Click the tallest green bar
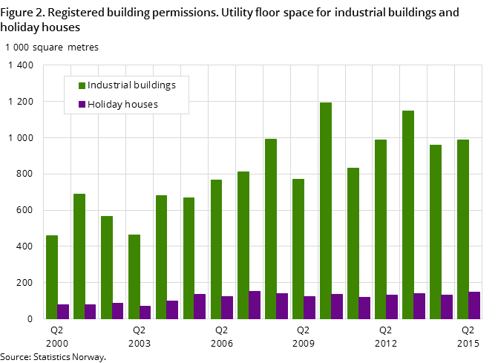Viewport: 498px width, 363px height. (x=326, y=211)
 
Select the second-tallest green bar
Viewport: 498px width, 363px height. (x=408, y=215)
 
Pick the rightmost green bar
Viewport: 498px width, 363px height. (x=463, y=229)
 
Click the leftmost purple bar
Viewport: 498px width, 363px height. (x=63, y=312)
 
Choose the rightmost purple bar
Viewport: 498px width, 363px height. (x=474, y=305)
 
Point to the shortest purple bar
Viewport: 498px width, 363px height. (x=145, y=313)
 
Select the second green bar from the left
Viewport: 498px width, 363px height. (x=79, y=256)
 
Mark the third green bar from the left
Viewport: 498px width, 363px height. (x=107, y=267)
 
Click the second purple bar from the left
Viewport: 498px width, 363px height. (x=91, y=312)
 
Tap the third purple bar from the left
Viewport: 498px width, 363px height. (x=118, y=311)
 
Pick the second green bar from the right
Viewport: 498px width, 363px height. (x=436, y=232)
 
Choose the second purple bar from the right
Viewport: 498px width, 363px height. (x=447, y=307)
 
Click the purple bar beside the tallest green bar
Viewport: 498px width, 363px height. (x=337, y=307)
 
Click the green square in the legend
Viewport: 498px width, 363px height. (x=82, y=85)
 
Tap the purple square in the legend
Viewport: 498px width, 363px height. (x=82, y=105)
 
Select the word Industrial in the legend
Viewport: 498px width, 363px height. (x=110, y=85)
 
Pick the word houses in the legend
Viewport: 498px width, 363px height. (x=142, y=105)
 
